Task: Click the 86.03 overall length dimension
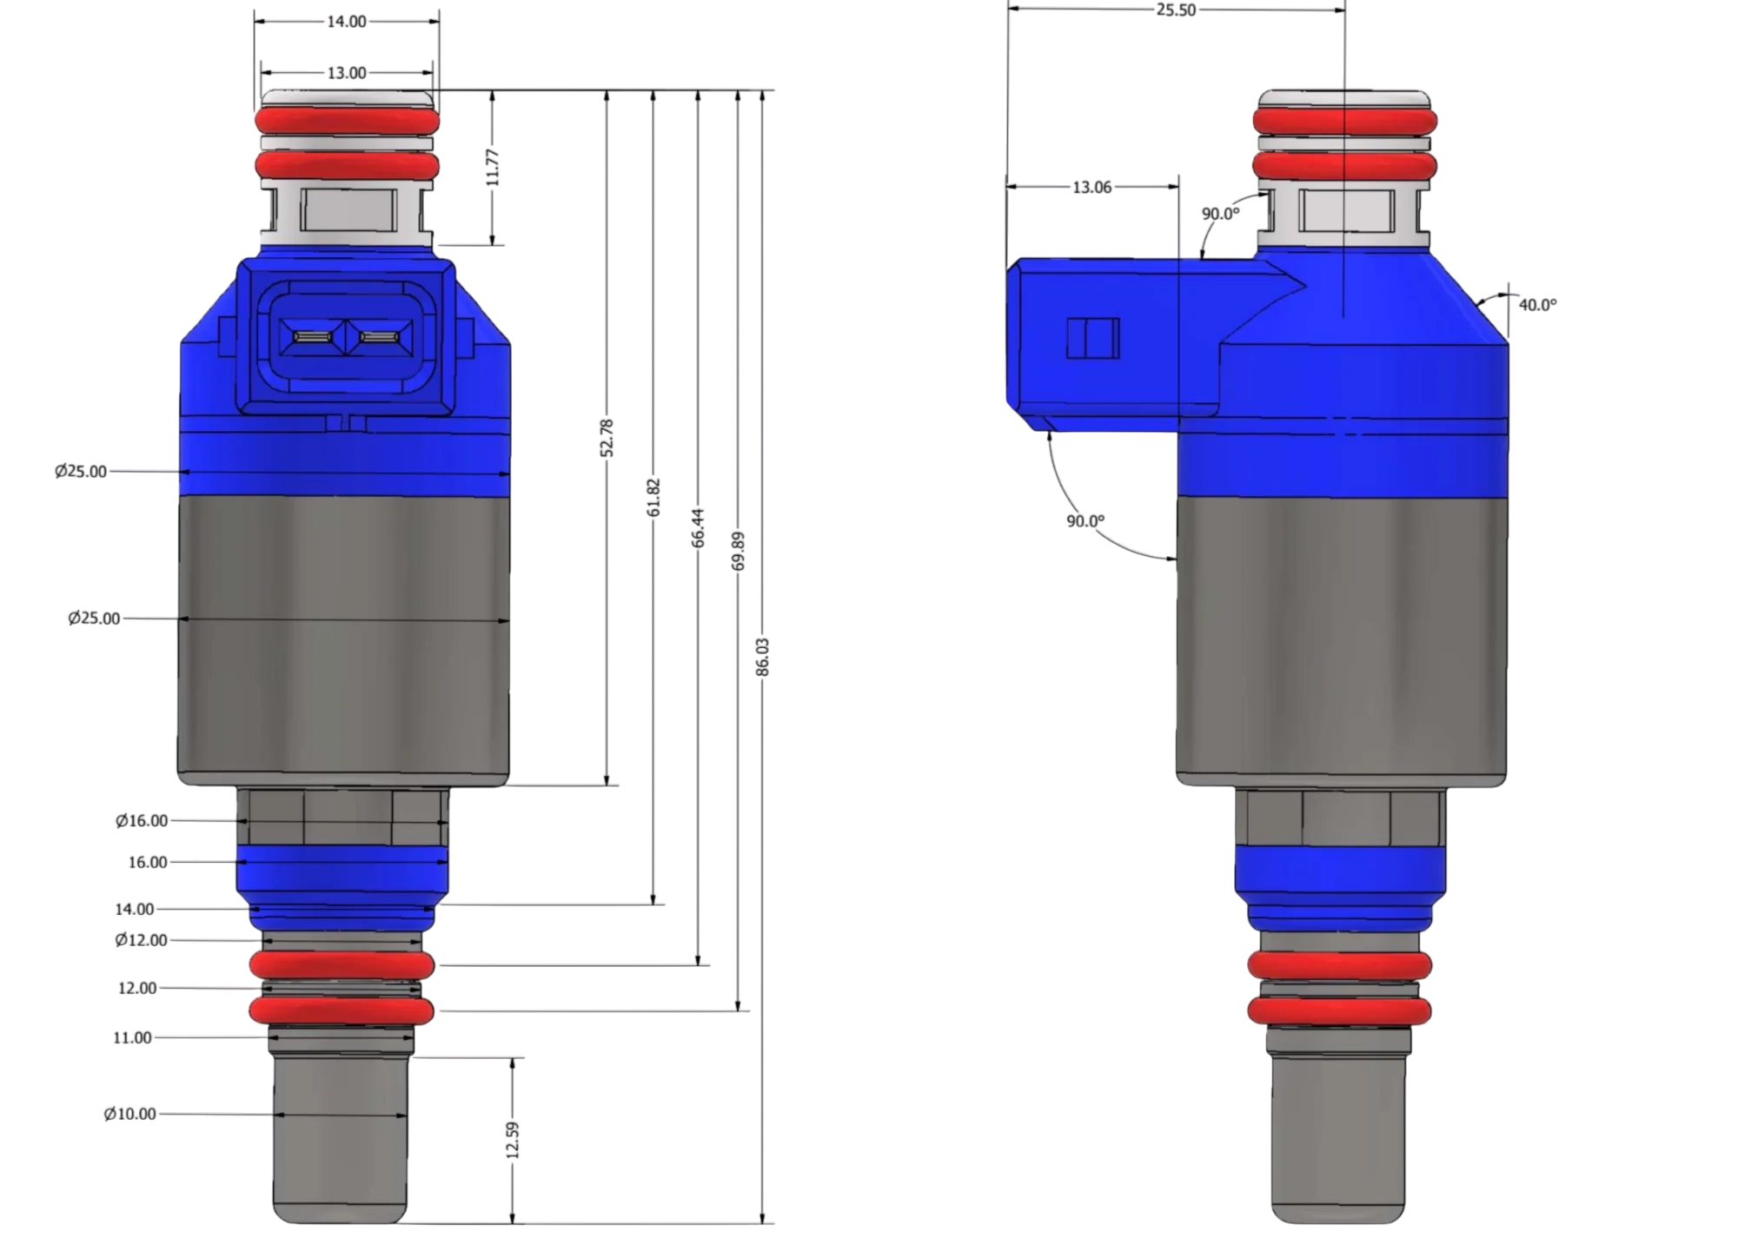[x=763, y=657]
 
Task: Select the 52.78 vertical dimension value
[x=607, y=438]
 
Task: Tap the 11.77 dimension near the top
[x=493, y=167]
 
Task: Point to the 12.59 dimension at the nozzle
[x=513, y=1140]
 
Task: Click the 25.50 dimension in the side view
[x=1176, y=10]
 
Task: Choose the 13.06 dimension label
[x=1092, y=187]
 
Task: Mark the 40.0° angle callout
[x=1537, y=305]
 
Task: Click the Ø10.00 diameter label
[x=130, y=1114]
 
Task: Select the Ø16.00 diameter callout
[x=142, y=820]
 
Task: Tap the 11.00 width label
[x=132, y=1037]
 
